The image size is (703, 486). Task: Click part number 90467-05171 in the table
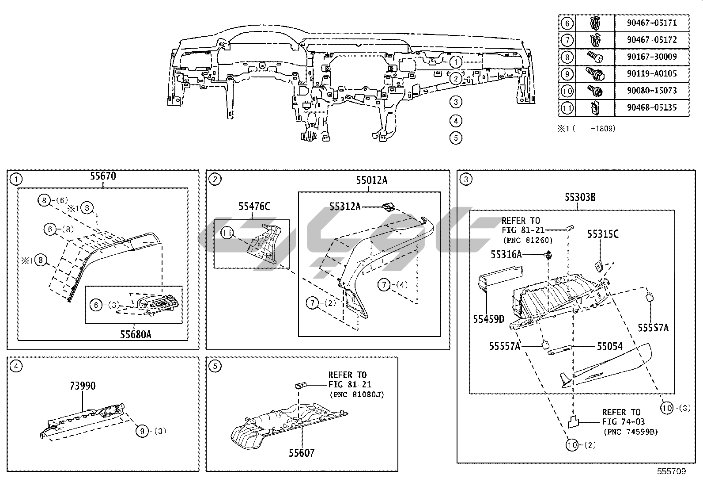pyautogui.click(x=651, y=23)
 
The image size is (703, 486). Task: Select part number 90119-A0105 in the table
pyautogui.click(x=651, y=74)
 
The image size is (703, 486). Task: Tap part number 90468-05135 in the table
pyautogui.click(x=651, y=107)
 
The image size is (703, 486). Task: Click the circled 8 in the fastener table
pyautogui.click(x=567, y=57)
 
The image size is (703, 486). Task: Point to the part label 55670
pyautogui.click(x=103, y=176)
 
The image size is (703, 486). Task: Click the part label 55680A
pyautogui.click(x=136, y=334)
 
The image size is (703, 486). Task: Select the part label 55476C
pyautogui.click(x=254, y=206)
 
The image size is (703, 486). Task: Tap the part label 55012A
pyautogui.click(x=372, y=180)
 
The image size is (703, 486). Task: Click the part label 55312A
pyautogui.click(x=345, y=207)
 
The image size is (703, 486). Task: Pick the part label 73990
pyautogui.click(x=83, y=386)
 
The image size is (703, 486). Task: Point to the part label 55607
pyautogui.click(x=302, y=453)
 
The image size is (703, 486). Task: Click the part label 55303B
pyautogui.click(x=580, y=198)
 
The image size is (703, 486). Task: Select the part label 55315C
pyautogui.click(x=603, y=234)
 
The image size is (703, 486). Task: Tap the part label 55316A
pyautogui.click(x=506, y=255)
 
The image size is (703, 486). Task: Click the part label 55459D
pyautogui.click(x=488, y=319)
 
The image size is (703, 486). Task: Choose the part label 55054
pyautogui.click(x=610, y=346)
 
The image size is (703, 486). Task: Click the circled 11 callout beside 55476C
pyautogui.click(x=227, y=233)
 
